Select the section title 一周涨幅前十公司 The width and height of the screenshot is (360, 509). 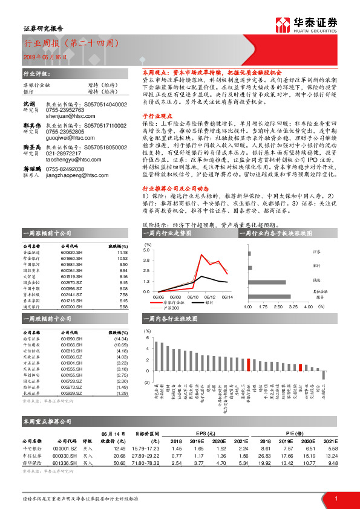click(47, 233)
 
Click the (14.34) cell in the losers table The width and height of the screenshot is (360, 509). click(120, 340)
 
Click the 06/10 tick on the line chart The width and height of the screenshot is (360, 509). click(194, 296)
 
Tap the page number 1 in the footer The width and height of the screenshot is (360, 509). click(335, 498)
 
